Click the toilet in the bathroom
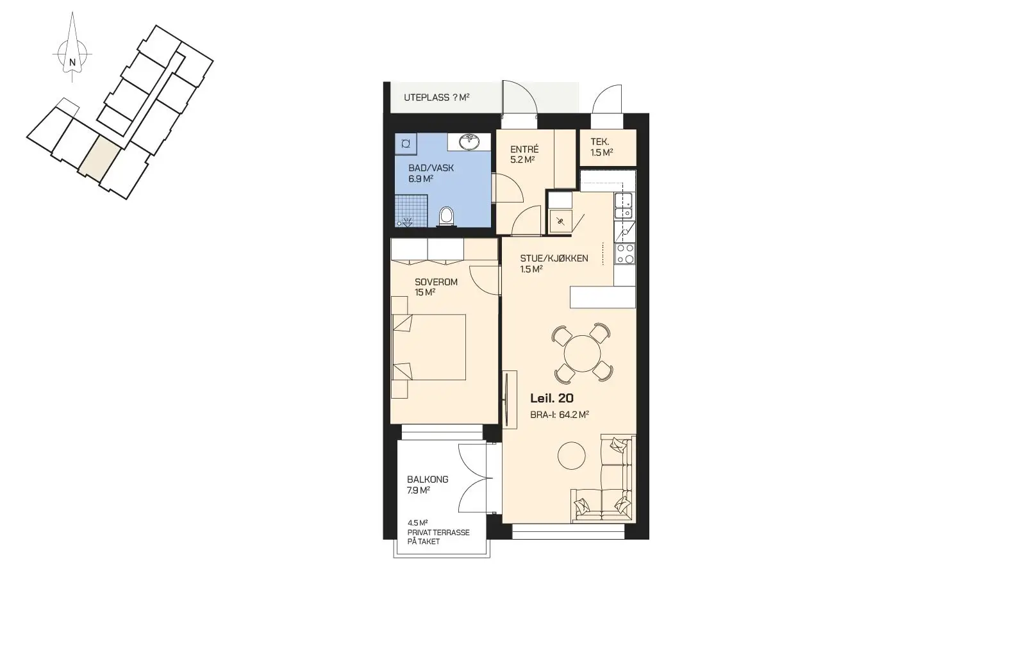(446, 217)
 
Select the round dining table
(582, 353)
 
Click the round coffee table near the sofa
(572, 456)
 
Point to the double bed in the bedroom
(429, 347)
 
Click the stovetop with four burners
(625, 254)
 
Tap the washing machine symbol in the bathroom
(406, 144)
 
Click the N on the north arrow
(72, 62)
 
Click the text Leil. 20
(552, 399)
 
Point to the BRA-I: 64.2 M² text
(560, 415)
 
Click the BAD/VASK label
(431, 168)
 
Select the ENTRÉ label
(524, 149)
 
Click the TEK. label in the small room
(600, 142)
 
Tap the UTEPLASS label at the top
(427, 97)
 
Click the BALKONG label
(428, 479)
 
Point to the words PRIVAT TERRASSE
(438, 533)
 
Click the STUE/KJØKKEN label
(554, 258)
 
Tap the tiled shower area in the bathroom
(412, 211)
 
